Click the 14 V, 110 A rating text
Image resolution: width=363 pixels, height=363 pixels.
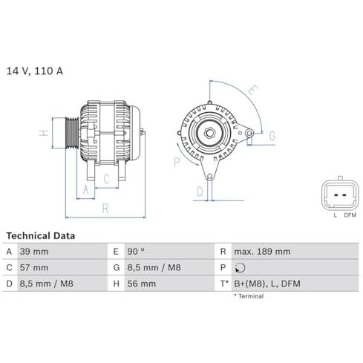(34, 71)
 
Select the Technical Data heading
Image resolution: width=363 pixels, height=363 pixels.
(41, 235)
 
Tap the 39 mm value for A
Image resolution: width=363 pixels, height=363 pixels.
(34, 252)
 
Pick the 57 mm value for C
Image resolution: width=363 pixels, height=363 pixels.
(34, 268)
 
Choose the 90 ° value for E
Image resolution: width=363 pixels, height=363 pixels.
(136, 252)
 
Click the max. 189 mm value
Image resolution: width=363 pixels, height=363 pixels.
(262, 252)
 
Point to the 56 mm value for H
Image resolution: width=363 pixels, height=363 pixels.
(142, 284)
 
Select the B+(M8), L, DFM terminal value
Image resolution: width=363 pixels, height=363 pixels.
(267, 284)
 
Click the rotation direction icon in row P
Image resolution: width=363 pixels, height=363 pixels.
(240, 268)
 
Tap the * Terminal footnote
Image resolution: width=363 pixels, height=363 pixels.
(249, 296)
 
